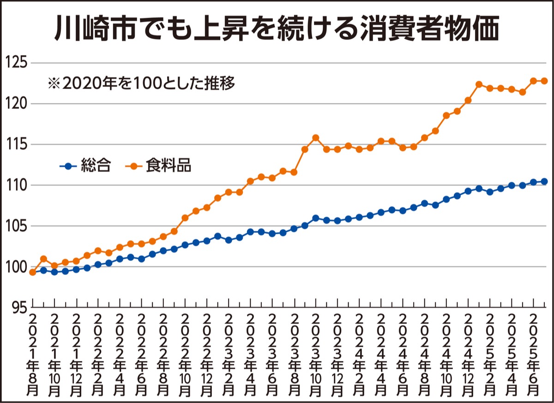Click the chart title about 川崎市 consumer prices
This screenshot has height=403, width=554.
point(277,29)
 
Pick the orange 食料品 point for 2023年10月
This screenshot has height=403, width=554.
point(316,138)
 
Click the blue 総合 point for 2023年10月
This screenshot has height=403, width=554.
point(316,218)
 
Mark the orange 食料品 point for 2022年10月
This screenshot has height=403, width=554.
point(185,218)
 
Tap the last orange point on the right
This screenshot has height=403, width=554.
point(544,81)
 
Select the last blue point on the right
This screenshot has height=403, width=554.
point(544,181)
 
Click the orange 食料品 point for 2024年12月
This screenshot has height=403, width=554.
point(468,100)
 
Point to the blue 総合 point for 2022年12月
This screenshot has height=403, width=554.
point(207,241)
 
